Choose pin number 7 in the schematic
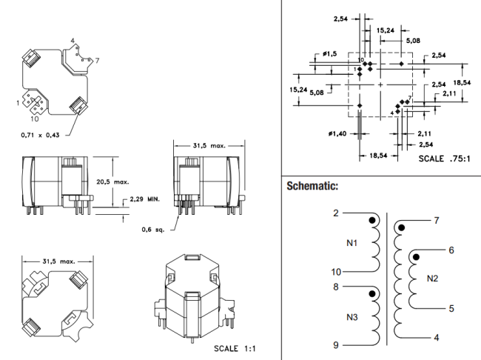coord(437,221)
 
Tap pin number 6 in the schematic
coord(451,250)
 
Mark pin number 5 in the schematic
coord(451,308)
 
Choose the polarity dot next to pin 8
coord(372,293)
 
